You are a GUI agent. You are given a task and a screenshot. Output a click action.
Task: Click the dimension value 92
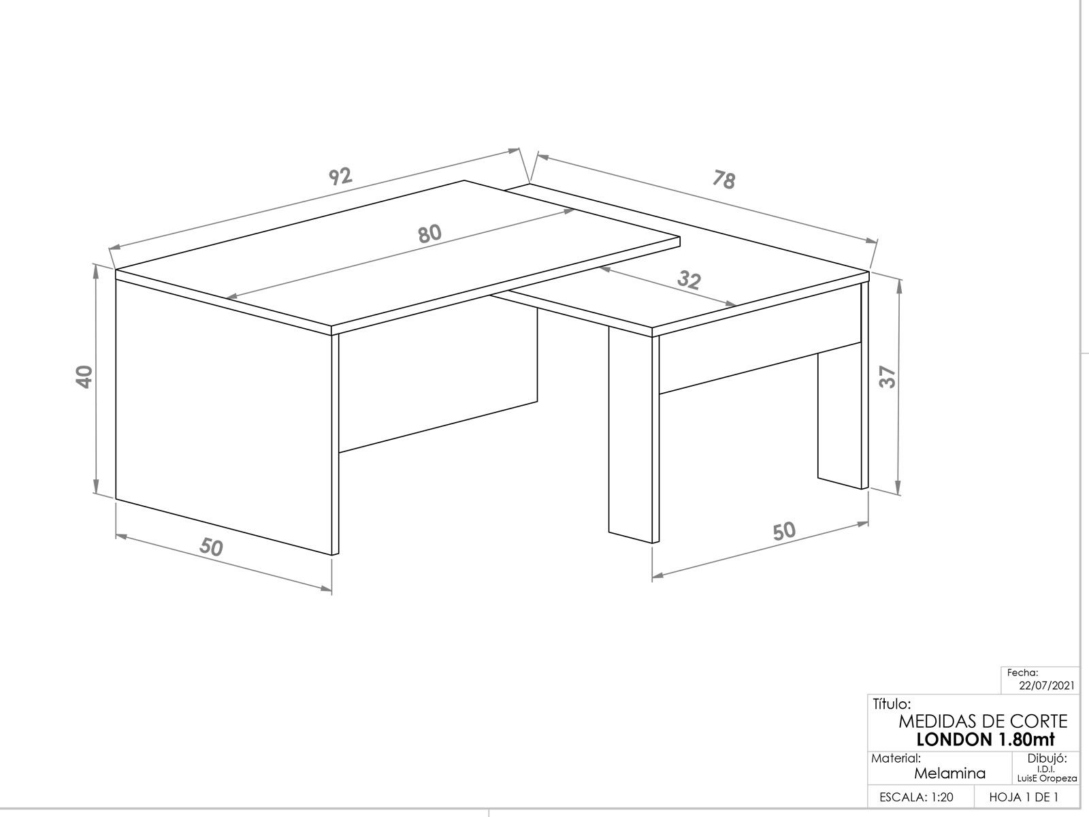340,176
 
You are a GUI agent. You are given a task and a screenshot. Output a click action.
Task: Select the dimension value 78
724,180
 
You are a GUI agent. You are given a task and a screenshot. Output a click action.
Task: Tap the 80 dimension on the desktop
429,234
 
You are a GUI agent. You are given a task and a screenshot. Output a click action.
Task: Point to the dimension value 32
689,281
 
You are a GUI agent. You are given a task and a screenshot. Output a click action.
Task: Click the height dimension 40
84,377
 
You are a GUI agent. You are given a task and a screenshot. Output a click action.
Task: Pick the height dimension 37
887,377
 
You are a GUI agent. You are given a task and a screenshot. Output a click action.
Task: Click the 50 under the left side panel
212,547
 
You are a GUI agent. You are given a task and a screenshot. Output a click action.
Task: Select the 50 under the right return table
784,531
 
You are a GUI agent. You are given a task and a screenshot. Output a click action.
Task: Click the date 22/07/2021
1047,686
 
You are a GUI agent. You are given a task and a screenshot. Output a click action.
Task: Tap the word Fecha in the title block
1022,673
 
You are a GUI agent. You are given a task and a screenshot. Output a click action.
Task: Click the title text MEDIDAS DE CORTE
983,721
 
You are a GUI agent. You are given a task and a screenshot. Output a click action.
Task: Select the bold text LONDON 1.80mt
986,739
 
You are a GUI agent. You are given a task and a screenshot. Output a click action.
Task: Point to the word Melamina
949,773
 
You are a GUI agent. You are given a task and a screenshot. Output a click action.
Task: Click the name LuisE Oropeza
1047,779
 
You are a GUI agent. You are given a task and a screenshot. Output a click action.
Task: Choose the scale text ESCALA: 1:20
916,797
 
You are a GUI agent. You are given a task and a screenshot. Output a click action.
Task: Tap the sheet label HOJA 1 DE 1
1024,797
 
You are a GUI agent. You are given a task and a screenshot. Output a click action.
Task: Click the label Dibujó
1047,758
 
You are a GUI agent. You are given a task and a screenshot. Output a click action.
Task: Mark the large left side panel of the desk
224,417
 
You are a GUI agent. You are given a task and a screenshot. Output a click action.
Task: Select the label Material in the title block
896,758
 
